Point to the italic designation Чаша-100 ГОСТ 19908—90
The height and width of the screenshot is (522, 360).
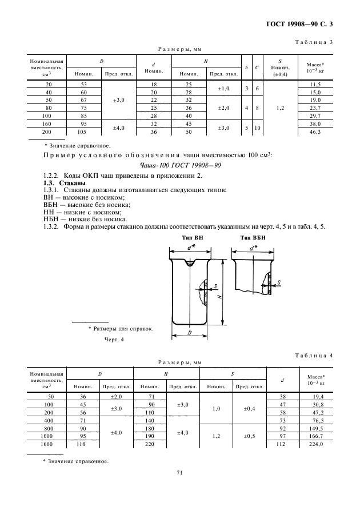pyautogui.click(x=180, y=165)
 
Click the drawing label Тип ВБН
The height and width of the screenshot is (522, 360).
pyautogui.click(x=250, y=237)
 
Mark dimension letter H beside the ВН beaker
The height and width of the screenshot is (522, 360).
pyautogui.click(x=220, y=297)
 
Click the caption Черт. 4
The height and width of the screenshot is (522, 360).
pyautogui.click(x=113, y=340)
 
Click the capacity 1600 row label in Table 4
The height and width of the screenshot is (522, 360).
pyautogui.click(x=46, y=444)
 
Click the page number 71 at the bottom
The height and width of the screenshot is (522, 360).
pyautogui.click(x=179, y=473)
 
